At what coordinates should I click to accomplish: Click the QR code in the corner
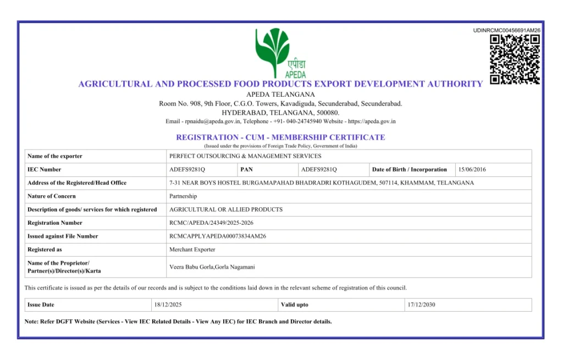click(515, 59)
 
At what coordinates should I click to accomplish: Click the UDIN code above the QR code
click(506, 30)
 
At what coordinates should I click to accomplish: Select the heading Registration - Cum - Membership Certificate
click(280, 137)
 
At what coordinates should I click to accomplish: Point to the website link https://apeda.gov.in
click(372, 121)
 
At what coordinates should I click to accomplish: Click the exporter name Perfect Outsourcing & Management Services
click(245, 157)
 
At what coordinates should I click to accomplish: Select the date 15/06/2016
click(472, 170)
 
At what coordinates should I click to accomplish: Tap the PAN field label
click(246, 170)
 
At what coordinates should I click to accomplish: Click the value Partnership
click(183, 196)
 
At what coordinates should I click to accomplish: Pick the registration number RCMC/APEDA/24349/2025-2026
click(211, 223)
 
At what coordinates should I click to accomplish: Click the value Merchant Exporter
click(192, 250)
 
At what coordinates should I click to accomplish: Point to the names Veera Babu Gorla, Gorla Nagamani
click(212, 267)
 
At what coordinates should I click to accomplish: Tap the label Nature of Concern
click(52, 196)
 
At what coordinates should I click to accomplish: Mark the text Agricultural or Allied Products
click(226, 209)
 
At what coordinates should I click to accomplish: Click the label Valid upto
click(295, 305)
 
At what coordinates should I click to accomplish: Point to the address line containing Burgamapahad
click(322, 183)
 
